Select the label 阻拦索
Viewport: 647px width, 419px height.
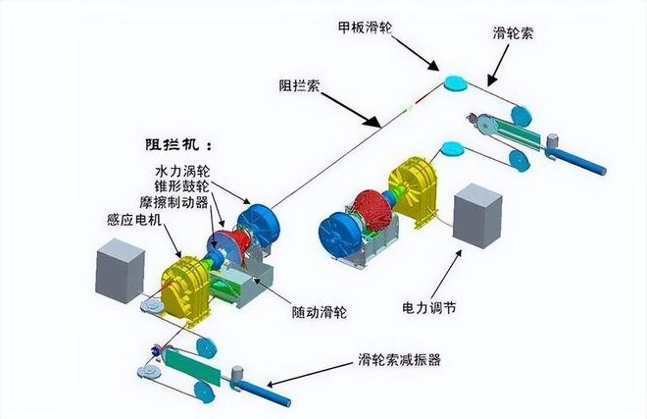pyautogui.click(x=297, y=85)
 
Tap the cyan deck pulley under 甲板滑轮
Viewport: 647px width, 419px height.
pyautogui.click(x=455, y=83)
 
